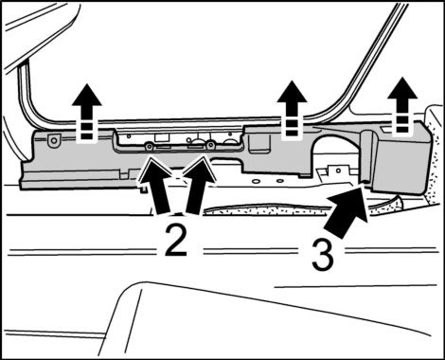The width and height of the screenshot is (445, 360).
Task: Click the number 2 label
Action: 176,239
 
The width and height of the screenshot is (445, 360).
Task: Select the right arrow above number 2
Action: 198,187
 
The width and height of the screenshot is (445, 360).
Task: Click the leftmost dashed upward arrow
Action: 87,113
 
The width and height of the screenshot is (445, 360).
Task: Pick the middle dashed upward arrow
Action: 292,110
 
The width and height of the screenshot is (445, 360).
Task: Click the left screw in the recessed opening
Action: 149,146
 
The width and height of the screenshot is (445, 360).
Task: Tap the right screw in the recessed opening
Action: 209,145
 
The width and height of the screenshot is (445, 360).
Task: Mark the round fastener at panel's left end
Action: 54,139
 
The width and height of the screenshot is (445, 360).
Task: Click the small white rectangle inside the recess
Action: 161,136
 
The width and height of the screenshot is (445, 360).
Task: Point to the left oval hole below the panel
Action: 257,181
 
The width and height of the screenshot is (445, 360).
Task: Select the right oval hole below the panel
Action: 279,181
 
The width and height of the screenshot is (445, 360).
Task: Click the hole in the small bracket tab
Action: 338,171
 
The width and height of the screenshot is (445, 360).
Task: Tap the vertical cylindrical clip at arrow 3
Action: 367,155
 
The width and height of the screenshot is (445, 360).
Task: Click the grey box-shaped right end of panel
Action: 400,158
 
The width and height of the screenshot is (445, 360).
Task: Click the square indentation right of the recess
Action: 258,143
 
